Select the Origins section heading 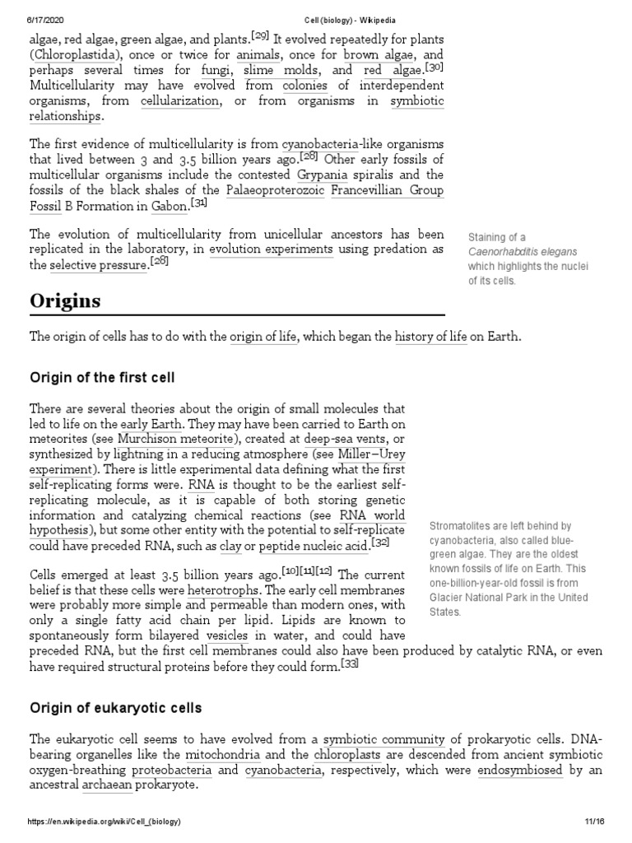(65, 300)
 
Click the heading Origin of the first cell (102, 378)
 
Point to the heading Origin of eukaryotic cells (116, 708)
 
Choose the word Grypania (320, 175)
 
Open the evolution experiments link (271, 249)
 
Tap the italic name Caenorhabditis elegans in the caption (522, 251)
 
